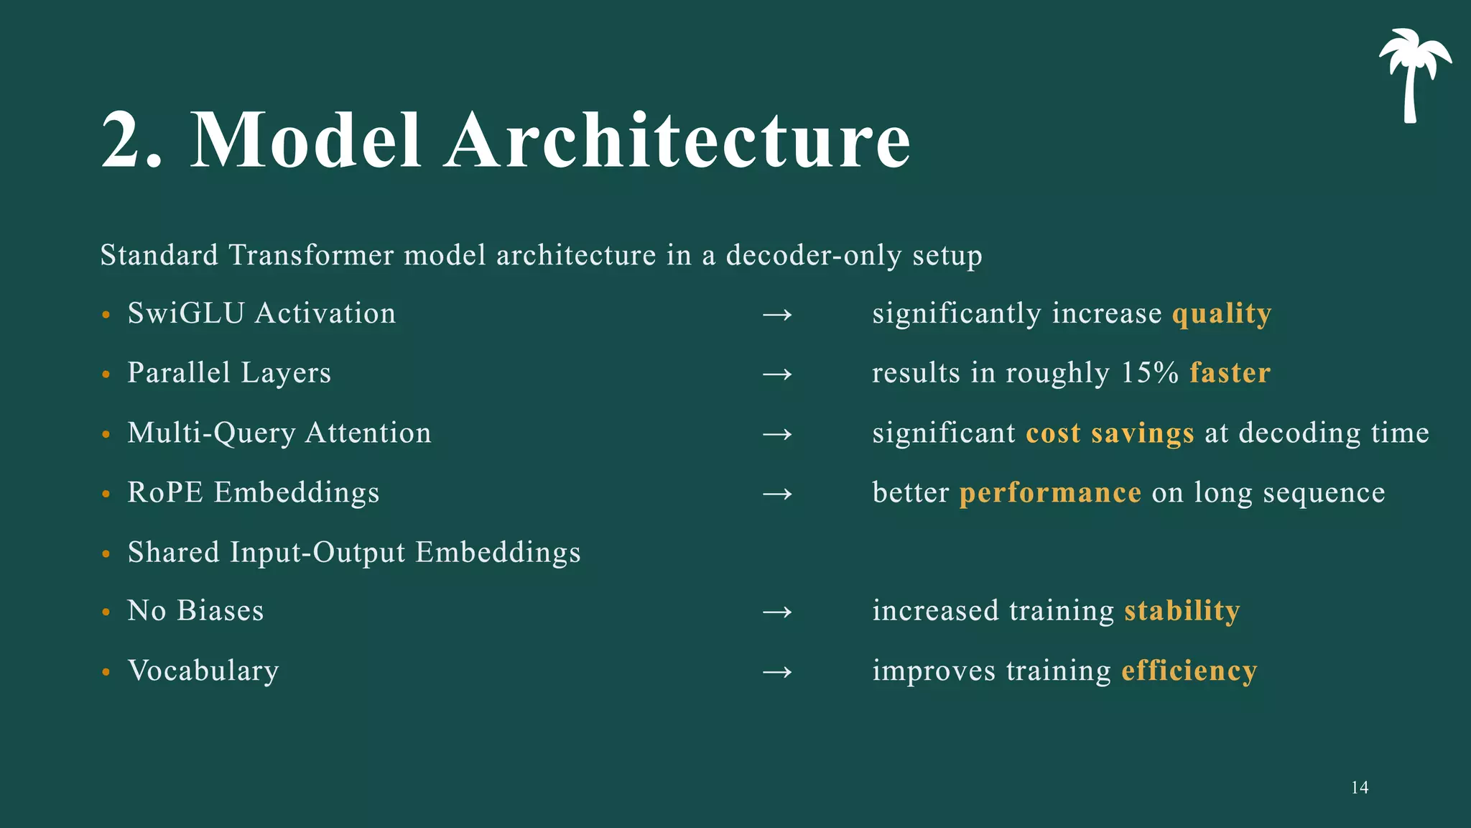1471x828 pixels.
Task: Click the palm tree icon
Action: [1413, 72]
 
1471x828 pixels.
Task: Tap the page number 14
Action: [1359, 788]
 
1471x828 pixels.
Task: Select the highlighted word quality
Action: [1221, 314]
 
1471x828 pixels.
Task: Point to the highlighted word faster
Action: [1230, 373]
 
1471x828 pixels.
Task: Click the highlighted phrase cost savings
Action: [1110, 433]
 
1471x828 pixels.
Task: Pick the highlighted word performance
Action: [1050, 493]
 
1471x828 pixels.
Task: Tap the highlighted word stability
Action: [1182, 611]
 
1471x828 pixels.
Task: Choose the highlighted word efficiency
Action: [1189, 671]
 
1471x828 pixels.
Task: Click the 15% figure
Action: [1149, 373]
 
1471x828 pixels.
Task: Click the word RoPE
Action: [165, 493]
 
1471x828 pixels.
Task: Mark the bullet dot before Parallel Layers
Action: [106, 374]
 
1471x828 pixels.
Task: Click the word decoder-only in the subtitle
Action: [814, 256]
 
